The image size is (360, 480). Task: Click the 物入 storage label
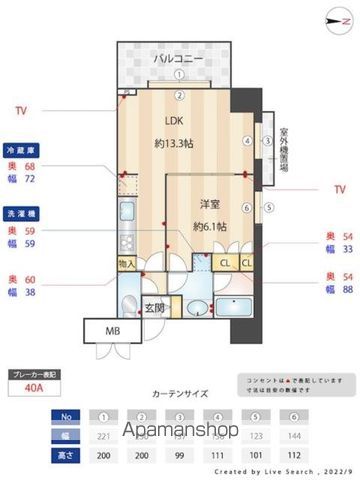pos(127,263)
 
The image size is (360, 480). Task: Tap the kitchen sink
pos(126,211)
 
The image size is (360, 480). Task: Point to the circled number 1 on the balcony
pos(178,74)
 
